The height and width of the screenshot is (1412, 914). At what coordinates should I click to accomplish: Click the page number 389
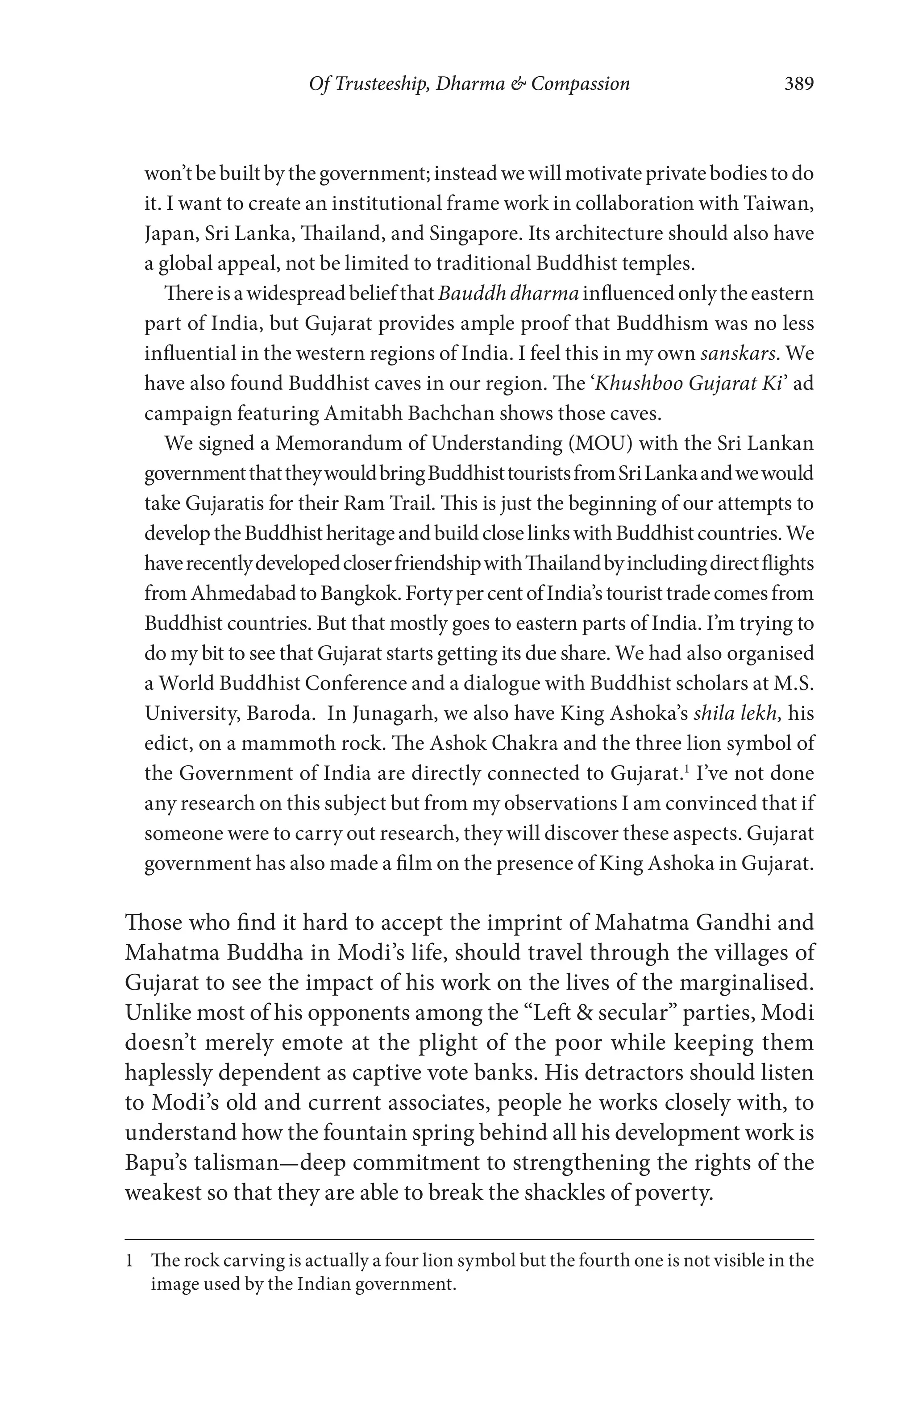(x=799, y=83)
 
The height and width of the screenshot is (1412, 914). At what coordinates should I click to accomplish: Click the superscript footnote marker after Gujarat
(x=685, y=769)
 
